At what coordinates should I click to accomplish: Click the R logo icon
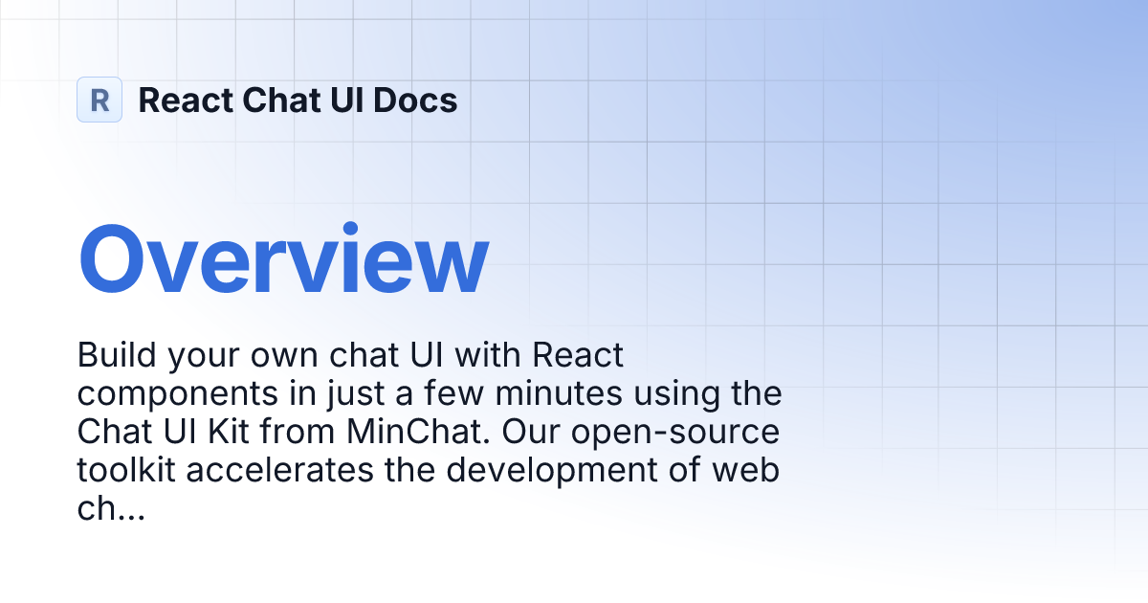tap(99, 100)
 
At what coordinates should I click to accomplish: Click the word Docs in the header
tap(414, 100)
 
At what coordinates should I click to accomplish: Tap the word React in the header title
tap(186, 100)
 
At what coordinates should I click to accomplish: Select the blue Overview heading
tap(283, 258)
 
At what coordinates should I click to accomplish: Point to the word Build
tap(117, 354)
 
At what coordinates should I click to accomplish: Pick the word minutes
tap(559, 393)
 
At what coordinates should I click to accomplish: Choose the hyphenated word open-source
tap(675, 434)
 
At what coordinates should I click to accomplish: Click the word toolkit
tap(126, 470)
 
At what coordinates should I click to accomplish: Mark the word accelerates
tap(279, 470)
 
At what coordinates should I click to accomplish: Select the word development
tap(552, 472)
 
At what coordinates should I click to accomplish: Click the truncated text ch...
tap(111, 508)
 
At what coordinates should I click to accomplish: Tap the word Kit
tap(229, 432)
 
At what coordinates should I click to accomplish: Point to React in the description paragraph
tap(578, 354)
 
